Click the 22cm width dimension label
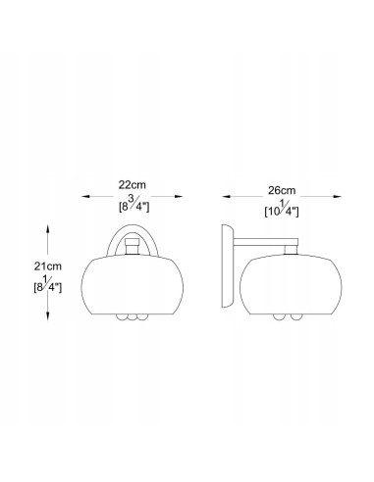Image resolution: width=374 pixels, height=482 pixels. [133, 185]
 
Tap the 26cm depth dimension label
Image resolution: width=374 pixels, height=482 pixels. [282, 190]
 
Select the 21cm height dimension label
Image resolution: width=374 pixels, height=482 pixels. [48, 266]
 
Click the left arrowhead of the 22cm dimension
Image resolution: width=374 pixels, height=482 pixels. [85, 196]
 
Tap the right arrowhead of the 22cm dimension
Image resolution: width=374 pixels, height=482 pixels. [179, 196]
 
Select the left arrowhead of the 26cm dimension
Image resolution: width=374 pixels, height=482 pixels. [227, 197]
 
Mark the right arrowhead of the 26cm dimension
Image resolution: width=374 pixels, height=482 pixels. [338, 197]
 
